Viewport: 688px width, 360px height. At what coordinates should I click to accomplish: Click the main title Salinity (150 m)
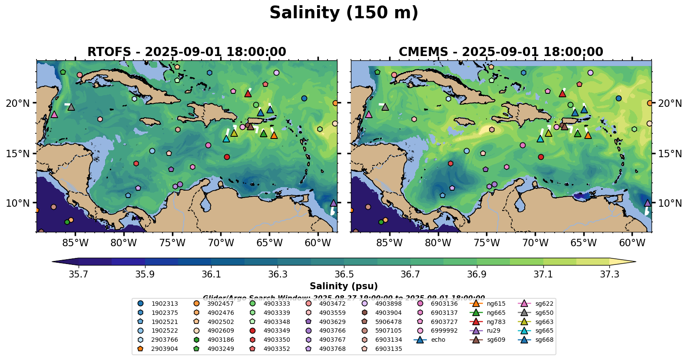point(344,13)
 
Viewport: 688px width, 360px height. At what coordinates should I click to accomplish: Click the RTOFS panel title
point(187,52)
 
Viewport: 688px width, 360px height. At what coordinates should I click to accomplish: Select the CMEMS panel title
point(501,52)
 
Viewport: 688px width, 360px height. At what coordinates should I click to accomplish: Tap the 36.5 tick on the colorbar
point(344,274)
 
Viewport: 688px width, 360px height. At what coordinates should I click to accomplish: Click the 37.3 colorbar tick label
point(609,274)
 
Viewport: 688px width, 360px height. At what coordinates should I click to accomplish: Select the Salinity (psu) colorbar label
point(344,286)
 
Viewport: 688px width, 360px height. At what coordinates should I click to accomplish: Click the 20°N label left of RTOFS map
point(18,103)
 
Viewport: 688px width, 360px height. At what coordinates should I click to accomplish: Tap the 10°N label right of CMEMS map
point(670,203)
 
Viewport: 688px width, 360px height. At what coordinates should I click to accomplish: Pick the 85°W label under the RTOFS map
point(75,243)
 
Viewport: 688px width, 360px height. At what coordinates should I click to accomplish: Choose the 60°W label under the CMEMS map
point(632,243)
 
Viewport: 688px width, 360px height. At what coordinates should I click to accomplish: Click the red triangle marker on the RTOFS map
point(248,93)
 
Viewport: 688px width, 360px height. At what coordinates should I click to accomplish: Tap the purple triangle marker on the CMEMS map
point(648,203)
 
